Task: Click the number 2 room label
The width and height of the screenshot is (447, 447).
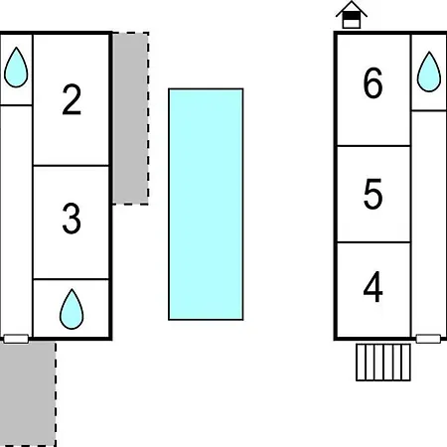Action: [72, 99]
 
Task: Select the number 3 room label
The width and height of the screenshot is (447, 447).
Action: [72, 219]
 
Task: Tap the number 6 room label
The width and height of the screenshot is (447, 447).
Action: [372, 82]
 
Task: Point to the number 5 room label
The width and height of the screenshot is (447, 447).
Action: [372, 194]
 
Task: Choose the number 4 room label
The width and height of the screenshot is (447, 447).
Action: [373, 287]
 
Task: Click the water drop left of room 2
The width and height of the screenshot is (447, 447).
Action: [16, 68]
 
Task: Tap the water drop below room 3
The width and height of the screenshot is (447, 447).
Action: [72, 309]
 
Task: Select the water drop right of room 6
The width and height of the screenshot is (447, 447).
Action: [429, 72]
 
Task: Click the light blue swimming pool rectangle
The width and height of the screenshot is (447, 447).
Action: [206, 205]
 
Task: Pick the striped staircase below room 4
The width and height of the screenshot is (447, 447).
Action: [383, 363]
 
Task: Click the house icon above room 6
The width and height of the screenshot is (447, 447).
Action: [352, 15]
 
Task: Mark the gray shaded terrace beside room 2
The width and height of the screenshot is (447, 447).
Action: [130, 118]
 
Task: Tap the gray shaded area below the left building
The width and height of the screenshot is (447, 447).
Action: [28, 394]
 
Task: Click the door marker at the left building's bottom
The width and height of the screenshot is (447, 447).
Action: [16, 339]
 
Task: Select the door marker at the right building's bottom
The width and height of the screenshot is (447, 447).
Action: [428, 339]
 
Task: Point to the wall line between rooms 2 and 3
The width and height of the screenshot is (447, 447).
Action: [72, 166]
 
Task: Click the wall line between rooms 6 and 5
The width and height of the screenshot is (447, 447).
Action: [373, 146]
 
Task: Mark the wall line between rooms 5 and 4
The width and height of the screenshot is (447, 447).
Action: [373, 242]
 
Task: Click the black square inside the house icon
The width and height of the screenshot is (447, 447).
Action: [352, 16]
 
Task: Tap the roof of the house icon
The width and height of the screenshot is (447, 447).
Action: [352, 7]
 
